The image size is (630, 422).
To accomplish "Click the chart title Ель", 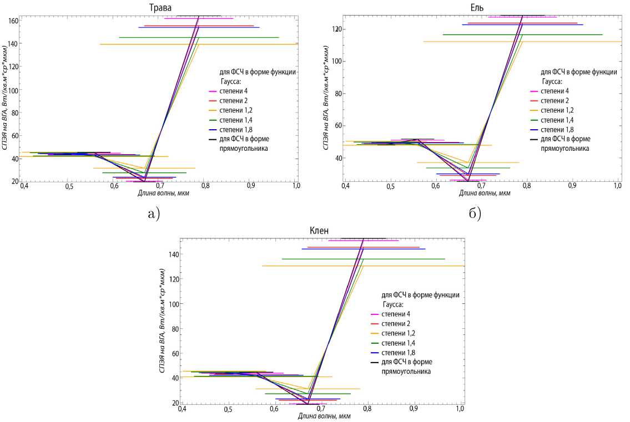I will [476, 7].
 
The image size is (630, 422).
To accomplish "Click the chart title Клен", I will [320, 231].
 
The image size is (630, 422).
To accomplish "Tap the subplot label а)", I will [152, 212].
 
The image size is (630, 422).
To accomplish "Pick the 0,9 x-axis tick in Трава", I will [251, 187].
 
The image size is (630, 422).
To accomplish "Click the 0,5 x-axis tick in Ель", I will [390, 187].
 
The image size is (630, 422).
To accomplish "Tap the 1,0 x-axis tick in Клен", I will [460, 409].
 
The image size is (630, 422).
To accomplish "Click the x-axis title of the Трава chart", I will [160, 193].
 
